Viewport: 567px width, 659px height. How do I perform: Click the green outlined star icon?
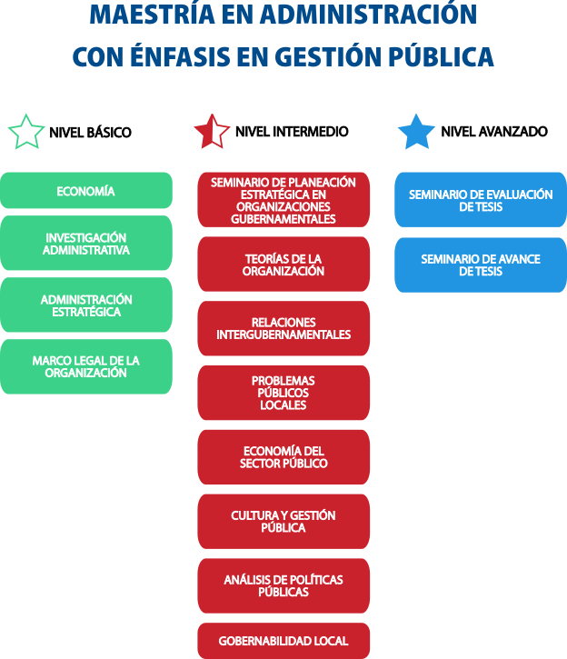point(26,132)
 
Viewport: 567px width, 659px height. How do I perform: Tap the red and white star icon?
point(212,132)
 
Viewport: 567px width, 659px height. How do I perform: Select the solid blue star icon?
point(416,132)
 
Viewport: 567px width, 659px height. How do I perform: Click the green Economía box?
point(85,191)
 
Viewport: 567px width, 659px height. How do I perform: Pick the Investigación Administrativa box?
point(85,244)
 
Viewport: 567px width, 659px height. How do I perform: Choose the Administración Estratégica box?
point(85,305)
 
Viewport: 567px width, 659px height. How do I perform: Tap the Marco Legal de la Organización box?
point(85,366)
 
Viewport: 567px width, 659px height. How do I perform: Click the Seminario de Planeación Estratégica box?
point(283,200)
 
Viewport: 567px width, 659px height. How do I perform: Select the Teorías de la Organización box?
point(283,265)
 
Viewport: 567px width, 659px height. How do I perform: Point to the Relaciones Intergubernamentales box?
point(283,328)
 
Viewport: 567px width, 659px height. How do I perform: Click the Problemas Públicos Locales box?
point(283,393)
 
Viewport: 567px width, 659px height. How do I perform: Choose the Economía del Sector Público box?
point(283,457)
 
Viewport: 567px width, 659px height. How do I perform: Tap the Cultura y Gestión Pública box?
point(283,521)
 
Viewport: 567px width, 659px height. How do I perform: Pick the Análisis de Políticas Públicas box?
point(283,585)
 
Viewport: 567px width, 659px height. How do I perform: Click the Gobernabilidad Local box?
point(283,641)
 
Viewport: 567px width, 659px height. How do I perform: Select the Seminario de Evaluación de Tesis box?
point(480,200)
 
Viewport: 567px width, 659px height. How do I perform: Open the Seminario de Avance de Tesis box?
point(480,265)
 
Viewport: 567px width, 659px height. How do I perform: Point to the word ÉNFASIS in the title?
point(194,56)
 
